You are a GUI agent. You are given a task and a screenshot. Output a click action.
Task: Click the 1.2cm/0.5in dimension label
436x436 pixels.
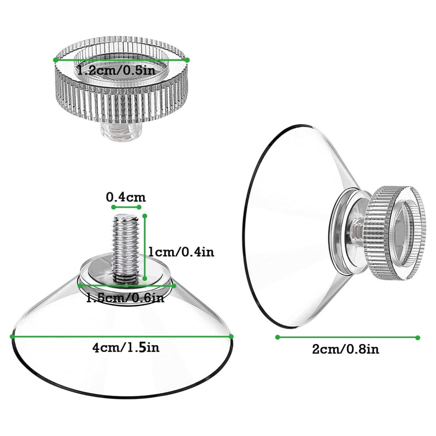116,70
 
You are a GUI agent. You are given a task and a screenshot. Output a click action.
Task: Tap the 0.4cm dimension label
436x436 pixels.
126,197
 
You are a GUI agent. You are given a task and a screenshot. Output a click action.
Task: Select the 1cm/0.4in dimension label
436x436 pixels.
181,252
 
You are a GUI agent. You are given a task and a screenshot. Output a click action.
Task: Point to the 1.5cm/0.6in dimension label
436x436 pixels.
125,298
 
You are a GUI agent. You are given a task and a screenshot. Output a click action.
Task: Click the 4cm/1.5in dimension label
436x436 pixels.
126,347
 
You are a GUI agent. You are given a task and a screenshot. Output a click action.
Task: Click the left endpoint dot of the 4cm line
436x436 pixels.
12,337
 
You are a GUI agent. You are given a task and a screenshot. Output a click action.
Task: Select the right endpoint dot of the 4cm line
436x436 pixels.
231,337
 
